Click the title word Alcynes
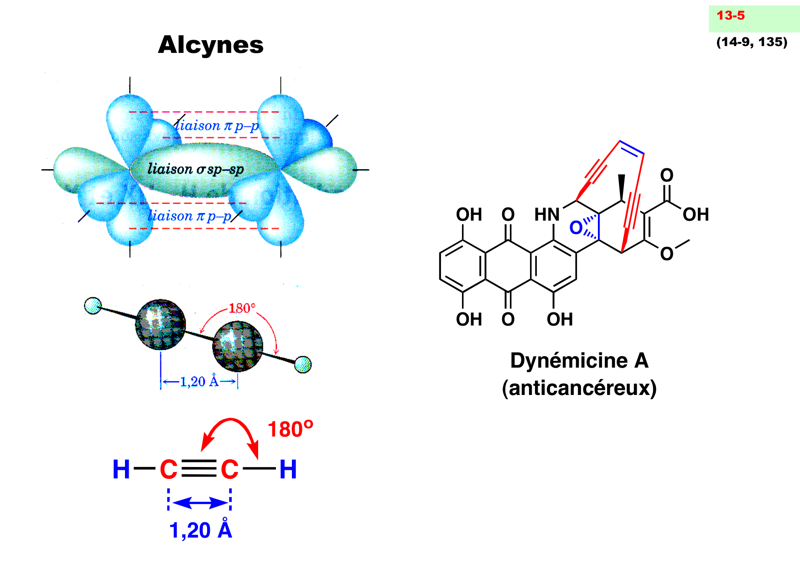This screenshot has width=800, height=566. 211,45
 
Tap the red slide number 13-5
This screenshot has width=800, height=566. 730,16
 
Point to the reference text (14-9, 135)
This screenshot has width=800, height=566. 752,42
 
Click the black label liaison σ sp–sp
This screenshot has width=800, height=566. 196,169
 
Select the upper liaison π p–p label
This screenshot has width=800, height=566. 218,125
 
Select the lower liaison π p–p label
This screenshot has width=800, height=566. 190,216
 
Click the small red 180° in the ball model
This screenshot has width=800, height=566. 242,308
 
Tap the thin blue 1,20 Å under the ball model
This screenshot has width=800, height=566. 199,381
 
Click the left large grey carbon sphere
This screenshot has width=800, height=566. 161,324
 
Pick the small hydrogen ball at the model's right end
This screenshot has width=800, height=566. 303,364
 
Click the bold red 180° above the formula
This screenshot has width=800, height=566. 290,430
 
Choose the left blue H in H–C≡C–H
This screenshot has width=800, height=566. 121,470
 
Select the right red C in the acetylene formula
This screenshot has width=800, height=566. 229,470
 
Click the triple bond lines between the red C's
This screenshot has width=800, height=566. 199,469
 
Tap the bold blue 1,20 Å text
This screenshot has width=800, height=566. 201,530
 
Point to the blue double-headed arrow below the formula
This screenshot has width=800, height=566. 199,503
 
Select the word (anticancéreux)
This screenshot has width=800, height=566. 579,388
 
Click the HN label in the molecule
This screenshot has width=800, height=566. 546,214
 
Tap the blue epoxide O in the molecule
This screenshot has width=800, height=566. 576,228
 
